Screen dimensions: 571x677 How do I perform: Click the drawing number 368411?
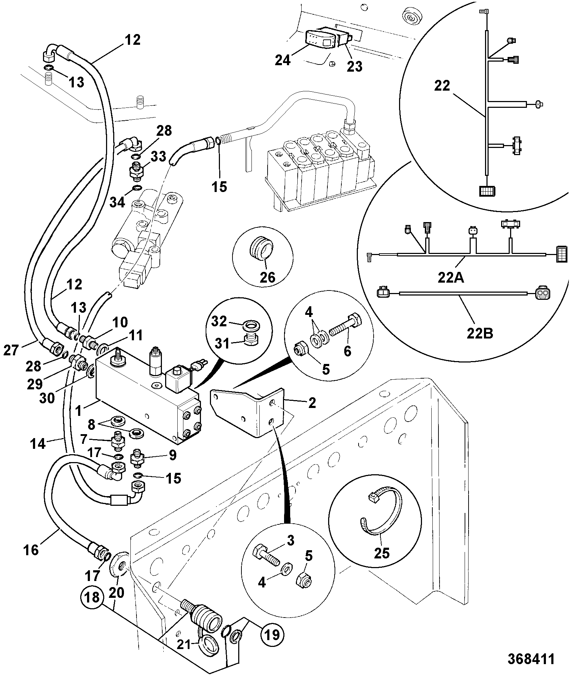coord(531,659)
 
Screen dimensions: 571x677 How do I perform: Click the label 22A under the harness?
coord(451,278)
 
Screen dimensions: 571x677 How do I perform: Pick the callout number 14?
coord(38,444)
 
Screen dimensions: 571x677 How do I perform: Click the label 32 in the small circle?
coord(219,321)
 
